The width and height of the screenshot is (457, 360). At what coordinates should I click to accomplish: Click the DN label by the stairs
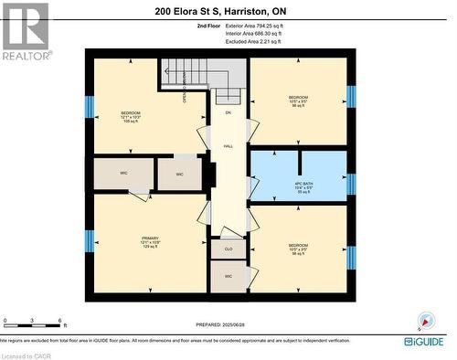tap(228, 112)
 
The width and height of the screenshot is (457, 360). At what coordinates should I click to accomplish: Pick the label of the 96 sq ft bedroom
tap(299, 248)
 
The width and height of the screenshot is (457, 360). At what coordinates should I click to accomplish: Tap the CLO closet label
tap(228, 247)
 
